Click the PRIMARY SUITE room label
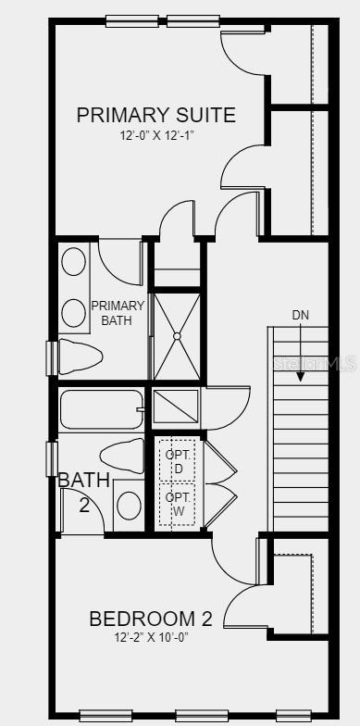click(155, 115)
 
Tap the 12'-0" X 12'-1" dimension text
click(155, 136)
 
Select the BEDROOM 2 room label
click(150, 619)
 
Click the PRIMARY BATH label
click(118, 313)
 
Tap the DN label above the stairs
click(301, 315)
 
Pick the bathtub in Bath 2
click(102, 408)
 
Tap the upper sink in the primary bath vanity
click(73, 262)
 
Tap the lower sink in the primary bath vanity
click(73, 312)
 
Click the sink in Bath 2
click(129, 506)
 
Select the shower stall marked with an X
click(176, 335)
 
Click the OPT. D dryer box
click(177, 460)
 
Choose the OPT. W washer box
click(177, 504)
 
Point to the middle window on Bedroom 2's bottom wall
click(202, 715)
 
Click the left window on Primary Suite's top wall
click(131, 20)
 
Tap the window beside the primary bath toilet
click(52, 357)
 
